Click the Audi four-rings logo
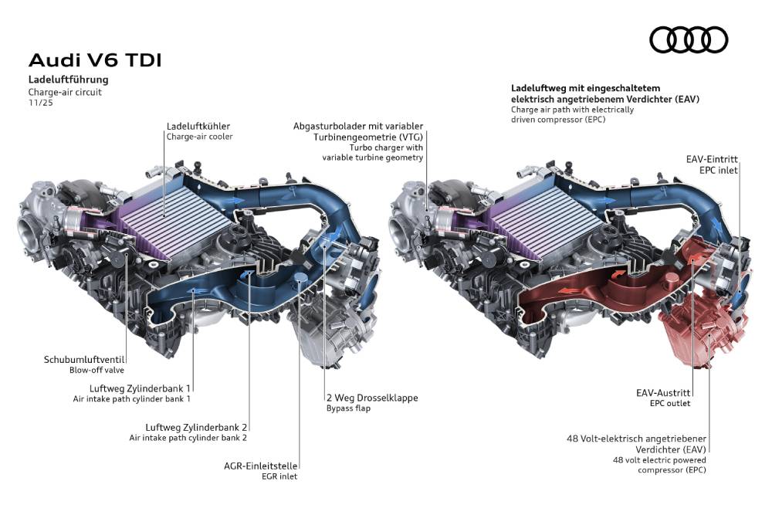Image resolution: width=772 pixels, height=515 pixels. point(689,39)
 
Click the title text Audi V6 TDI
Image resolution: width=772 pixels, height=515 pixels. point(95,61)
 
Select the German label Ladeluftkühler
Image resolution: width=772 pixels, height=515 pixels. point(198,126)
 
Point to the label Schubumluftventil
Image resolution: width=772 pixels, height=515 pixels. point(84,359)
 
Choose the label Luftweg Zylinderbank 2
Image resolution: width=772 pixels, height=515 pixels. point(195,427)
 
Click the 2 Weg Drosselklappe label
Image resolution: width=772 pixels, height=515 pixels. point(371,398)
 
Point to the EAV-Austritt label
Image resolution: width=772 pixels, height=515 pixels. point(662,393)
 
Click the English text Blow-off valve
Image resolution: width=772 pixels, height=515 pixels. point(97,370)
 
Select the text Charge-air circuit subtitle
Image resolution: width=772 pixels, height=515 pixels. point(65,91)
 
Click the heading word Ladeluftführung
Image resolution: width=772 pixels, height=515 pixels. point(69,80)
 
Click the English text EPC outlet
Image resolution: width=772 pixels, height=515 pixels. point(669,404)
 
